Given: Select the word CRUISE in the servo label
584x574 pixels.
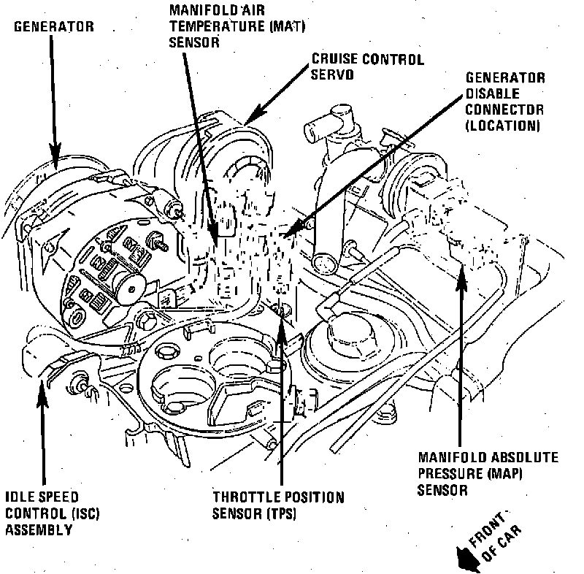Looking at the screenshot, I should (x=334, y=59).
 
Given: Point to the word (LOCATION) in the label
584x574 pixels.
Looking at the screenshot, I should (x=502, y=125).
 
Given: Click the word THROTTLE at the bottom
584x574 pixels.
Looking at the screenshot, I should (x=242, y=497).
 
